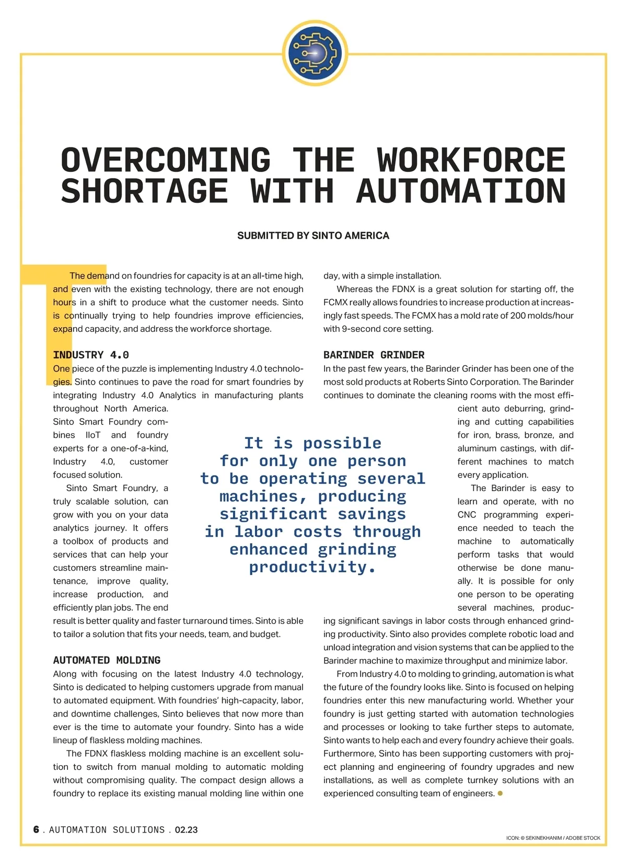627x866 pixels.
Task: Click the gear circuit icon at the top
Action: pos(315,53)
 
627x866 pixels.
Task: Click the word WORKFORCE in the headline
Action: pos(471,160)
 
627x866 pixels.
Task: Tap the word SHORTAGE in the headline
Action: pos(144,191)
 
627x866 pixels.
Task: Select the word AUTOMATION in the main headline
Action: pos(461,191)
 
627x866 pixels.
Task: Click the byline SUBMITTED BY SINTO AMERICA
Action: pos(313,236)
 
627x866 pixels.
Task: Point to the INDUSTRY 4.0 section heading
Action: pos(91,355)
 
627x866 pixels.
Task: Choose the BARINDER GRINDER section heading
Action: pos(374,355)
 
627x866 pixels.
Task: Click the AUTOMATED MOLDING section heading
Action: pos(107,660)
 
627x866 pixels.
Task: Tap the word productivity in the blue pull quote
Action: pos(312,567)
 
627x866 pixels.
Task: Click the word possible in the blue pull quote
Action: pos(342,443)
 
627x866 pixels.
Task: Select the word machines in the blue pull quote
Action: pos(260,496)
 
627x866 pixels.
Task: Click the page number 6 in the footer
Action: pos(36,829)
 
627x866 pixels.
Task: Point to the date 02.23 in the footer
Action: pos(186,830)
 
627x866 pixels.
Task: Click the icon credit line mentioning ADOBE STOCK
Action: pos(553,838)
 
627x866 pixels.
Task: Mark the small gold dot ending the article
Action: pos(500,793)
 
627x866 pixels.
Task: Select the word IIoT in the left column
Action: pos(93,435)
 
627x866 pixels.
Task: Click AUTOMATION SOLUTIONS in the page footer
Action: pos(107,830)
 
